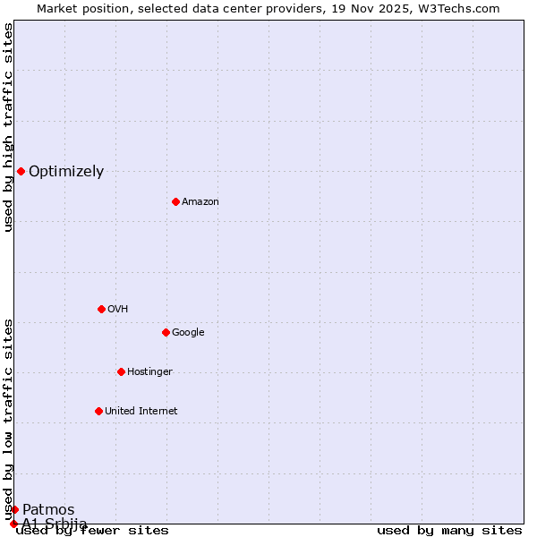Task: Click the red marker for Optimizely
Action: coord(21,171)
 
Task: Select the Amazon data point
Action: coord(175,201)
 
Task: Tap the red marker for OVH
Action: coord(101,309)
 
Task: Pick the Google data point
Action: coord(166,332)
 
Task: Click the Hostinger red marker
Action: coord(121,371)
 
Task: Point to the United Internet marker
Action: coord(98,411)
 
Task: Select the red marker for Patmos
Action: coord(14,509)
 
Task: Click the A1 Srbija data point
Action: coord(13,524)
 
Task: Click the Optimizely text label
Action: coord(66,172)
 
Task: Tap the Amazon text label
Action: coord(200,202)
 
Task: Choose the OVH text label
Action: coord(117,310)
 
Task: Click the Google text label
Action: coord(188,333)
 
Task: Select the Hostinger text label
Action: coord(149,372)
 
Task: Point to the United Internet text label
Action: coord(141,412)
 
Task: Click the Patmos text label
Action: coord(48,510)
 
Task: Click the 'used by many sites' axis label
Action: coord(449,531)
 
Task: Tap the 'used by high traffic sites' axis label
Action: coord(9,127)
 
